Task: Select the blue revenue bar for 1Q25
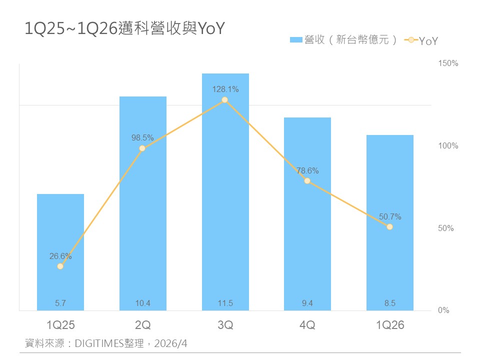pyautogui.click(x=60, y=250)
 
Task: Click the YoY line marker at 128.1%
pyautogui.click(x=225, y=100)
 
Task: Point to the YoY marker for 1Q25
pyautogui.click(x=60, y=266)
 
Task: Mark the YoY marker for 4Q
pyautogui.click(x=307, y=181)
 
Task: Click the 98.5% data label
pyautogui.click(x=142, y=137)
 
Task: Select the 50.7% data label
pyautogui.click(x=390, y=217)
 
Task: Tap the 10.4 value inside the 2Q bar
pyautogui.click(x=142, y=302)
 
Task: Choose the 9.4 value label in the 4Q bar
pyautogui.click(x=307, y=302)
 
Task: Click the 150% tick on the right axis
pyautogui.click(x=448, y=63)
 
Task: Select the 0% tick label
pyautogui.click(x=444, y=310)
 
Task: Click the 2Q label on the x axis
pyautogui.click(x=142, y=325)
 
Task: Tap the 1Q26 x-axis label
pyautogui.click(x=389, y=325)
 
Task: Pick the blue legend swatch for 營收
pyautogui.click(x=296, y=40)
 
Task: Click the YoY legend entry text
pyautogui.click(x=428, y=41)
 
